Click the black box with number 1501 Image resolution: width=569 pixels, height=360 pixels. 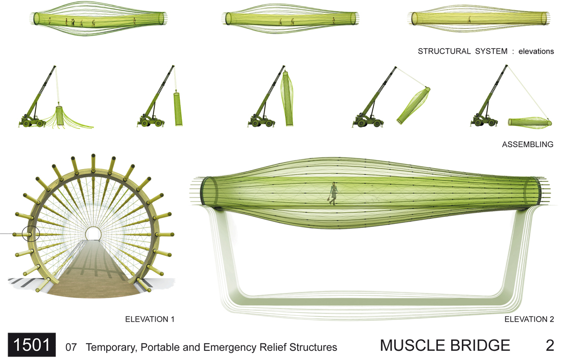(32, 344)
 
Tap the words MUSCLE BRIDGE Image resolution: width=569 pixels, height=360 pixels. (445, 345)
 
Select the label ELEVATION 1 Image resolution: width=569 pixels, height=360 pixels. (150, 319)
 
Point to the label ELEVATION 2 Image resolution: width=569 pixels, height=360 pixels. (529, 319)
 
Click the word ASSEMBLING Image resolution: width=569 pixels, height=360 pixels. (528, 144)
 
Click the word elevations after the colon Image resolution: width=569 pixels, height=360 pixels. (536, 51)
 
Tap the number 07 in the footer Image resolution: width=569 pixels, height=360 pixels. (71, 347)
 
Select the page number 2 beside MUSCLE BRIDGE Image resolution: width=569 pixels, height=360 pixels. (550, 345)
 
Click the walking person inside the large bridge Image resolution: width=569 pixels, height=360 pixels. (333, 193)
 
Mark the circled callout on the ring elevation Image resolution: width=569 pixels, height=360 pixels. (30, 234)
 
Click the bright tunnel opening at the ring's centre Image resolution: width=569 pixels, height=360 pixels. (93, 233)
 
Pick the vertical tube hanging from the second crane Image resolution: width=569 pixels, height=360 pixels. (178, 109)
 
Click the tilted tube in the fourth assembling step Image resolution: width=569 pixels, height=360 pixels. (413, 106)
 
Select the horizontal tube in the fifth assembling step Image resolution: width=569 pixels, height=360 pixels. (529, 122)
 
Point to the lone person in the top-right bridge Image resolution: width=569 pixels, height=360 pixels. (469, 19)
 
